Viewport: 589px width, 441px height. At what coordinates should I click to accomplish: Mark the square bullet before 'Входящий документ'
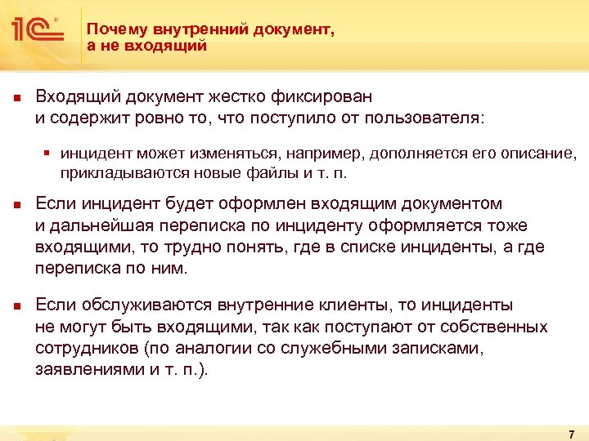point(16,97)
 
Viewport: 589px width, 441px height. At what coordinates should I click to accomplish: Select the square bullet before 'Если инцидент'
point(16,204)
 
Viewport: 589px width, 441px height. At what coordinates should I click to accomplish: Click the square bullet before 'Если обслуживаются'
point(16,306)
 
